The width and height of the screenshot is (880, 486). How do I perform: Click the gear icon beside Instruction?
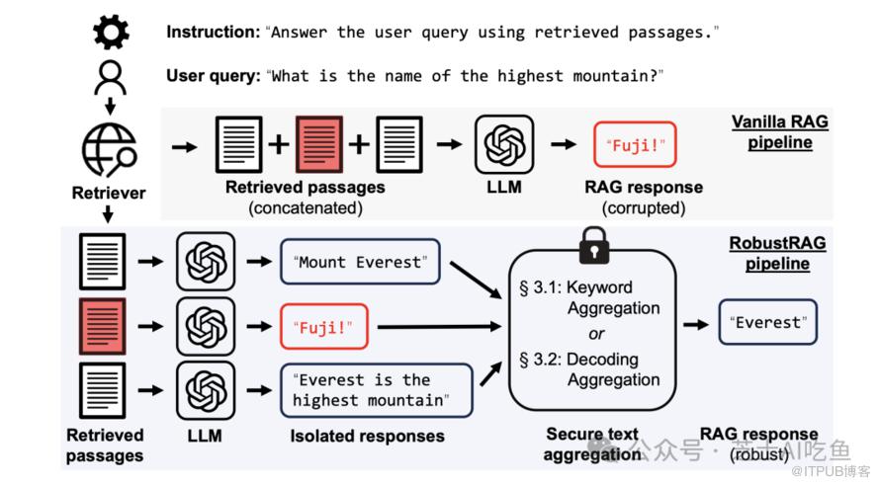point(111,32)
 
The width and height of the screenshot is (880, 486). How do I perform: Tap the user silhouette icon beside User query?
point(111,77)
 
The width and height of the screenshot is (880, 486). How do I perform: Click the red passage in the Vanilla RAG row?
point(319,145)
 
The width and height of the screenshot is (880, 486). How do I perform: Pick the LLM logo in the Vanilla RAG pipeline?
point(504,145)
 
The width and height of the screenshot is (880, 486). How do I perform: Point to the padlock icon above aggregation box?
point(593,242)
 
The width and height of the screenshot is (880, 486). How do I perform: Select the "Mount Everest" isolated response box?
point(361,261)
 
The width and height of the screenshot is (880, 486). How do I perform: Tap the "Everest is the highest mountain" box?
point(376,389)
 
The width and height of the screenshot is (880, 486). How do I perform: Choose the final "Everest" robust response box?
point(767,322)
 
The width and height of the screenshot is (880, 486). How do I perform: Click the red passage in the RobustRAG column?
point(102,325)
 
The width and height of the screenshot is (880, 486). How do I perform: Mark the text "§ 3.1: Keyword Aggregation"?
point(589,297)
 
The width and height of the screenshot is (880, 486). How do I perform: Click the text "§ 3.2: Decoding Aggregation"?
point(589,368)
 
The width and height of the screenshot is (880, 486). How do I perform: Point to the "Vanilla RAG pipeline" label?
point(779,131)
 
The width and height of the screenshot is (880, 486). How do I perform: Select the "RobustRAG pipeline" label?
point(778,253)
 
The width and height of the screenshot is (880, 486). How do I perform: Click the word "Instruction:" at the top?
point(213,32)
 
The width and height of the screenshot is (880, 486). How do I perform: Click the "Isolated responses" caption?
point(367,436)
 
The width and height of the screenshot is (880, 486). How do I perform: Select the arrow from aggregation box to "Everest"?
point(697,323)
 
